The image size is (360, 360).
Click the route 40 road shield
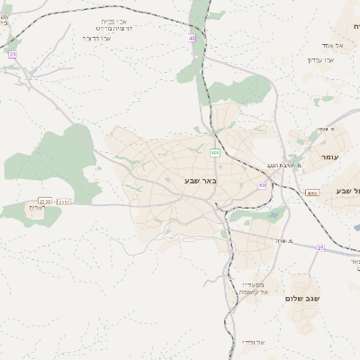(192, 39)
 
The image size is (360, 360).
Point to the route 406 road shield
(215, 153)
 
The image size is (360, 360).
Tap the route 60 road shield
(262, 184)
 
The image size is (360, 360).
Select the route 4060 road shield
(312, 193)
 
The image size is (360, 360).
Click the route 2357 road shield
(64, 202)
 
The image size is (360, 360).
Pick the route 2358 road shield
(45, 202)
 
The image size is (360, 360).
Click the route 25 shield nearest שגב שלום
(320, 247)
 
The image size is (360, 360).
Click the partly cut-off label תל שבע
(346, 190)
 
